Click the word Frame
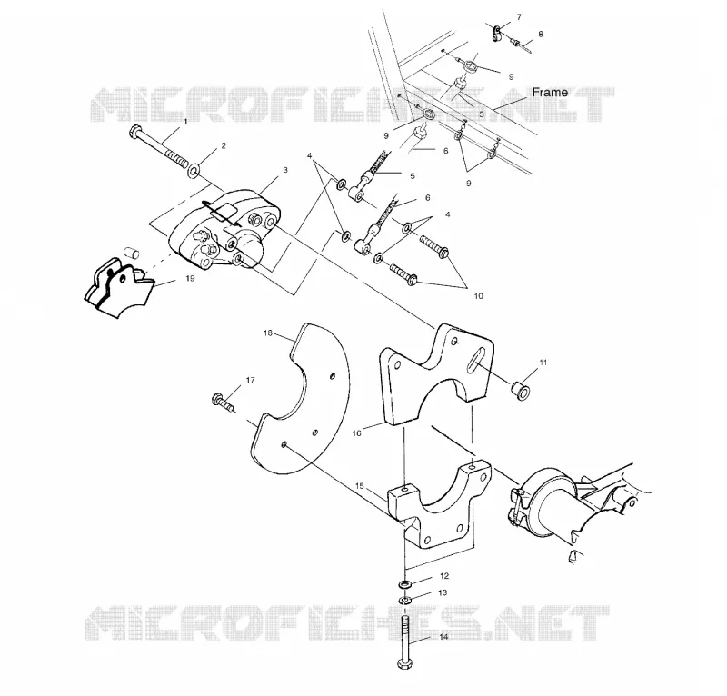550,93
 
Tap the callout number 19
190,278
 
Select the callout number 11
543,363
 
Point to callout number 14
443,637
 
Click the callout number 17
251,380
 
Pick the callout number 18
268,333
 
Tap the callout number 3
285,170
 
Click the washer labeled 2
194,171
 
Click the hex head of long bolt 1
134,131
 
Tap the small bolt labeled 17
224,403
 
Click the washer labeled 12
405,583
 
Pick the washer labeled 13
404,601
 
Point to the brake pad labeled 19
119,287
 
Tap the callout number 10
479,295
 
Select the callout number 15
360,486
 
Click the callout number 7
519,17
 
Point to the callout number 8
541,34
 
